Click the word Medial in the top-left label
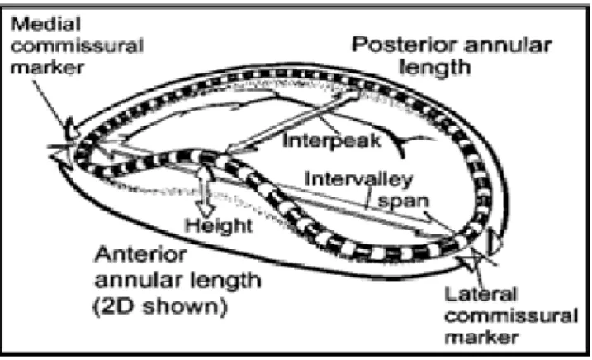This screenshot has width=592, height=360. click(x=45, y=25)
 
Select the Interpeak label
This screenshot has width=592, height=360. click(x=332, y=141)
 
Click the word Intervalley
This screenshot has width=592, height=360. click(x=358, y=179)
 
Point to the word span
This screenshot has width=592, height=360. click(x=403, y=201)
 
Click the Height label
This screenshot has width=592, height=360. click(x=219, y=225)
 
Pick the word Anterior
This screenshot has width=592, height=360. click(x=140, y=254)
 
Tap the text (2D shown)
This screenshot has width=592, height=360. click(x=160, y=306)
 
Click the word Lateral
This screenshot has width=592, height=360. click(x=481, y=293)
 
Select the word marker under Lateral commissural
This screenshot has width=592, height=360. click(x=481, y=337)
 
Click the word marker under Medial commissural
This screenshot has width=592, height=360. click(x=47, y=68)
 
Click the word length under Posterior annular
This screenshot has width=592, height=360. click(x=435, y=68)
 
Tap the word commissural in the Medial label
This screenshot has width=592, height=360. click(x=77, y=46)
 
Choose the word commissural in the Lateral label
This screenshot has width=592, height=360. click(x=511, y=315)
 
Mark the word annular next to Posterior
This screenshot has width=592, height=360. click(x=508, y=45)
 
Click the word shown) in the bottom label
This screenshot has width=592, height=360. click(x=186, y=306)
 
